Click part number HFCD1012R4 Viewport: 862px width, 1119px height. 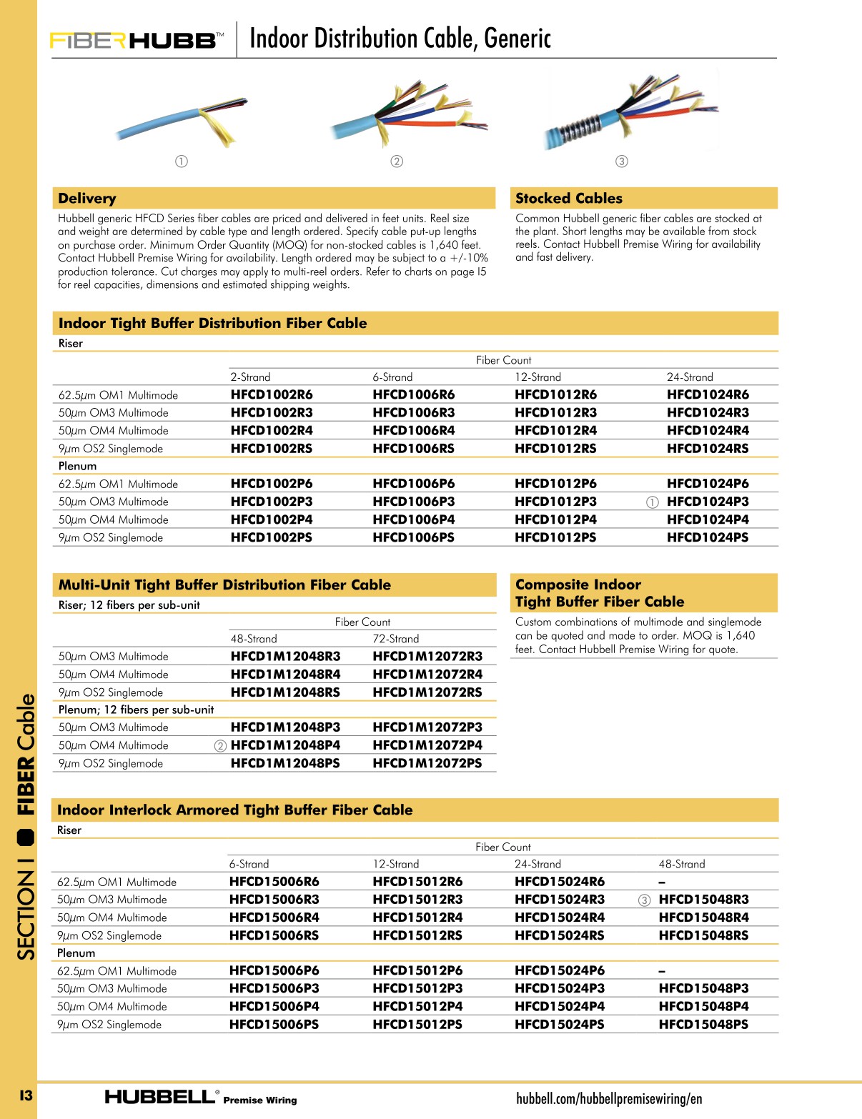(x=555, y=430)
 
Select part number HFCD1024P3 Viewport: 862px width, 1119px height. (x=708, y=502)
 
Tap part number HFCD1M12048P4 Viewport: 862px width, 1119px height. (x=285, y=745)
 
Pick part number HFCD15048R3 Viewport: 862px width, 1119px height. (x=703, y=900)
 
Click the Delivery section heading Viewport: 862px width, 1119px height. (x=87, y=199)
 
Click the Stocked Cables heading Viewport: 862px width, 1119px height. (x=568, y=199)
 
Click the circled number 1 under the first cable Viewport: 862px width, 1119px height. (x=182, y=161)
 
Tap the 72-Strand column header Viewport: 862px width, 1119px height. (x=395, y=639)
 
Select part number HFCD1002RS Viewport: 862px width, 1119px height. (x=271, y=449)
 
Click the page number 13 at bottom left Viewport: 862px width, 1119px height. (x=26, y=1095)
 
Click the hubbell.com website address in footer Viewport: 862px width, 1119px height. (x=609, y=1098)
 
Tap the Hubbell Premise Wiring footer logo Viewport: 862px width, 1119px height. (x=200, y=1098)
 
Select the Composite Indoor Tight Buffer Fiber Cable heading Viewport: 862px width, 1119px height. (x=599, y=593)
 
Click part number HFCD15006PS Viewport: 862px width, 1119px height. (x=274, y=1025)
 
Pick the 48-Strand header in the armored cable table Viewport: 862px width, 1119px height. (x=681, y=864)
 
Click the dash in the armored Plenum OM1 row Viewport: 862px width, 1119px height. (x=662, y=971)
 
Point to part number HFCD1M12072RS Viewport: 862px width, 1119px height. (x=427, y=692)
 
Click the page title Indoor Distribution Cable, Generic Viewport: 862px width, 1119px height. (x=400, y=39)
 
